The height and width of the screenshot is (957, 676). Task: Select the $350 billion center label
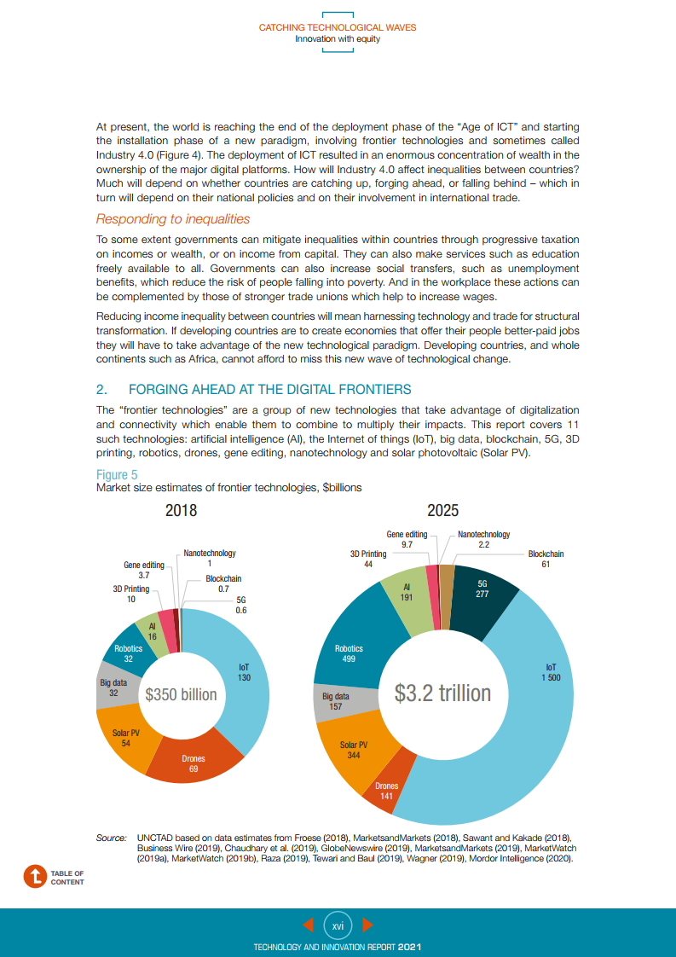coord(181,694)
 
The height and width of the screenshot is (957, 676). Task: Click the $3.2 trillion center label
coord(442,692)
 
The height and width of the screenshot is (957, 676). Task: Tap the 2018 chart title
coord(181,510)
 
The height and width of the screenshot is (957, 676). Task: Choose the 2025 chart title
coord(442,510)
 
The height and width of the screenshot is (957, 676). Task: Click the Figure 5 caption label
coord(117,474)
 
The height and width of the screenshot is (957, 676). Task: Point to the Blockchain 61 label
coord(546,559)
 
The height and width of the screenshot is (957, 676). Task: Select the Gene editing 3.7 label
coord(144,570)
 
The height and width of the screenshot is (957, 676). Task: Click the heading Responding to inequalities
coord(173,219)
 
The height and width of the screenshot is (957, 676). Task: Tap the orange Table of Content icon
coord(35,877)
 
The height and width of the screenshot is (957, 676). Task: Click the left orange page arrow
coord(309,925)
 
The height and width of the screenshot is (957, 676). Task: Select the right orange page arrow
coord(367,925)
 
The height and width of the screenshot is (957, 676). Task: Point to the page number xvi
coord(338,925)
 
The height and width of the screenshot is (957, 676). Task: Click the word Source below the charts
coord(112,839)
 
